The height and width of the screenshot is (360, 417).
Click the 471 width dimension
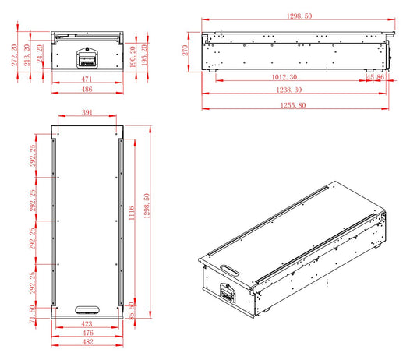(87, 79)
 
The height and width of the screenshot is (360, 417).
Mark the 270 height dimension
(186, 51)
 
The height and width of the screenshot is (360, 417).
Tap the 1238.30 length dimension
(294, 90)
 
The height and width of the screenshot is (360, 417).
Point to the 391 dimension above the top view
(87, 113)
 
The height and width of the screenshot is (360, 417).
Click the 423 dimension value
(87, 323)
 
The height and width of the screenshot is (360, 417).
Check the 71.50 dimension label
(32, 314)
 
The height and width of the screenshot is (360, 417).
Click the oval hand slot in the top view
(87, 309)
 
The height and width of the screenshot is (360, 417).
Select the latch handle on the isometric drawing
(228, 295)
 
